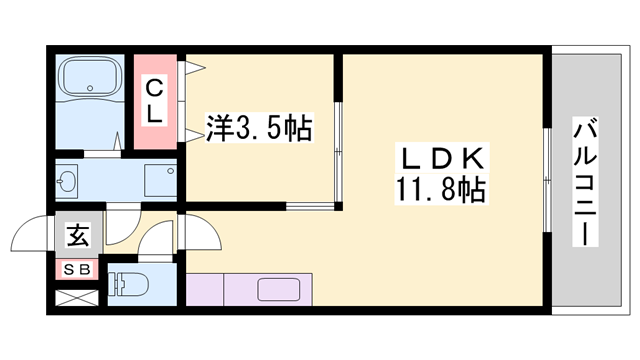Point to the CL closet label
point(155,100)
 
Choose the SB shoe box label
point(77,269)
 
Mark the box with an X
point(76,297)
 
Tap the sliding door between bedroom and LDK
point(338,150)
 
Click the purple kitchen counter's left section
point(205,289)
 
